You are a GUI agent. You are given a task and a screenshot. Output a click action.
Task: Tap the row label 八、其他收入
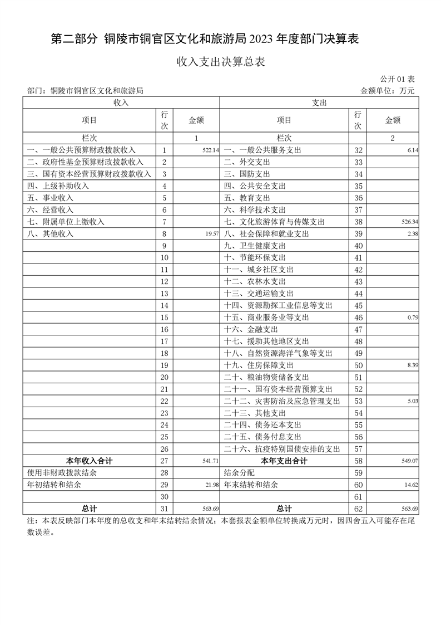51,234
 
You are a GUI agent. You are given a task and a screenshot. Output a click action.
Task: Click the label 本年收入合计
89,461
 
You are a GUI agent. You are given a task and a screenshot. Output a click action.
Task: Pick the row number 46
358,318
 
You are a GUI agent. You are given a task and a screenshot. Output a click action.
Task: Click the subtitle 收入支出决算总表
220,62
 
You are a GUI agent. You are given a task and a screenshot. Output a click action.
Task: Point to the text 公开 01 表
398,80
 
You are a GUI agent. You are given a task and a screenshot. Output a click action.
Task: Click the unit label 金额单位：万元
388,91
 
